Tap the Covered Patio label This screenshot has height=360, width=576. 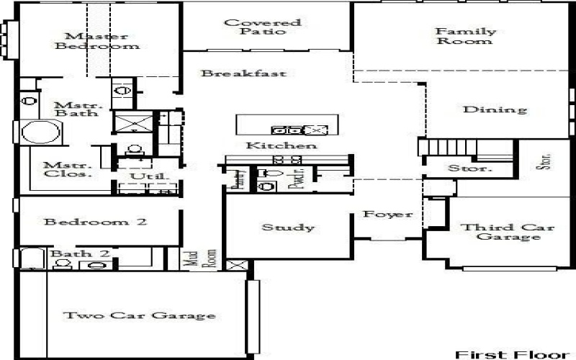tap(252, 27)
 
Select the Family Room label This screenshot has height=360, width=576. tap(465, 36)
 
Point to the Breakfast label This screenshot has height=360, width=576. tap(243, 73)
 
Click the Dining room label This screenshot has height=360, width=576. tap(494, 110)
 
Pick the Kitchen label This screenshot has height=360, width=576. tap(271, 145)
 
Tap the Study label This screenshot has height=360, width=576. tap(287, 228)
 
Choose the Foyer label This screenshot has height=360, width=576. tap(387, 215)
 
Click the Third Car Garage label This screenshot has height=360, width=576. tap(508, 232)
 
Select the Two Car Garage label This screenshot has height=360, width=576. tap(139, 315)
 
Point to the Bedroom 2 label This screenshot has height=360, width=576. tap(96, 222)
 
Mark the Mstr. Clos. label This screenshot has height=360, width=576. tap(67, 168)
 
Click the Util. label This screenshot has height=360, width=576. tap(140, 176)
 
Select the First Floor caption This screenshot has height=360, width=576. tap(508, 354)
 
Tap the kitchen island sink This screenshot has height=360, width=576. tap(285, 130)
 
